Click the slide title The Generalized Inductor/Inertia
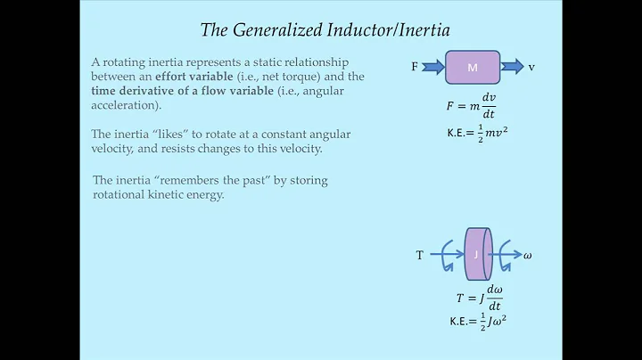(x=325, y=30)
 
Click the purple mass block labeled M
(x=473, y=67)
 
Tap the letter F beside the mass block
(x=415, y=67)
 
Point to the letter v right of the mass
(x=531, y=67)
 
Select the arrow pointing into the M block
(x=432, y=67)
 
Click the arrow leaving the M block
(x=512, y=67)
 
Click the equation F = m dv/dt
(x=471, y=106)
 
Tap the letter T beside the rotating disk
(x=419, y=256)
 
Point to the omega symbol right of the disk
(x=528, y=256)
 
